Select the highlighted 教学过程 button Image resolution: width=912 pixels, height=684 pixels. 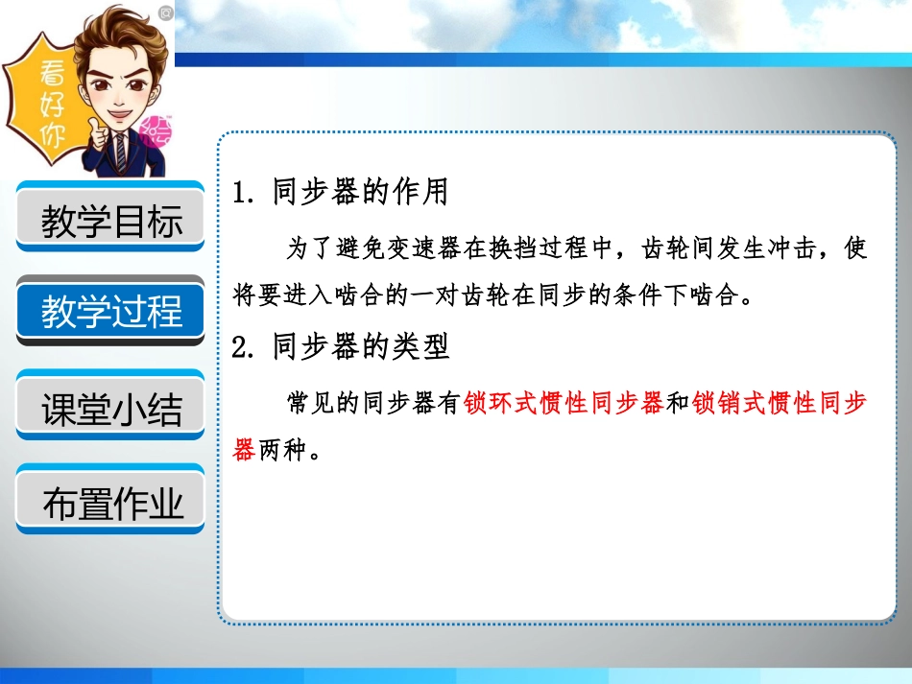[x=111, y=312]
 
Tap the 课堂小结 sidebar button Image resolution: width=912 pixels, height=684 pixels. [x=111, y=407]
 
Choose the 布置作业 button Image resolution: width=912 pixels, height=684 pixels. [x=111, y=502]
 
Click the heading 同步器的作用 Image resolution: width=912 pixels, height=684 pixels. [x=360, y=193]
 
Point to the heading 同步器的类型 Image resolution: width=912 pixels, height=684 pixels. [x=360, y=346]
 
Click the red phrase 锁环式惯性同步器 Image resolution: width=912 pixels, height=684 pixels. [x=564, y=404]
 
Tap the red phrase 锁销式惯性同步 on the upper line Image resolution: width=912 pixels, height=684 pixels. [x=780, y=404]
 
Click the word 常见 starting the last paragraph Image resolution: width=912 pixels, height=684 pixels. [x=309, y=404]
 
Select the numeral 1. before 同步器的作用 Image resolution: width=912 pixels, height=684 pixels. [x=243, y=194]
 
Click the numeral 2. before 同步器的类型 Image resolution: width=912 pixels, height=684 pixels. [x=243, y=347]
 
